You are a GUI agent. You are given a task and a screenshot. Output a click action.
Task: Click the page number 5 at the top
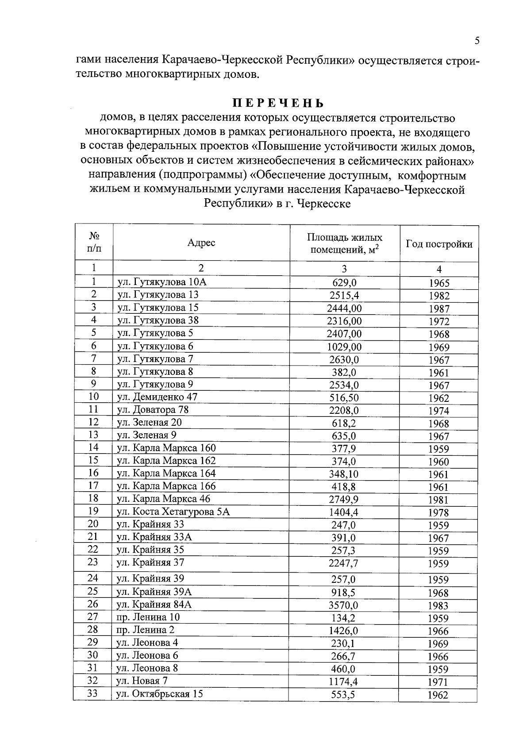pos(477,41)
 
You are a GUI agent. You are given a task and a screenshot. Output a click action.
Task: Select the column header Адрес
pos(201,243)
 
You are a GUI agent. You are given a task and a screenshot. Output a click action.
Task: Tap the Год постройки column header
pos(439,244)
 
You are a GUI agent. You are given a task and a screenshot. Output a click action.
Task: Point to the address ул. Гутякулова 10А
pos(162,282)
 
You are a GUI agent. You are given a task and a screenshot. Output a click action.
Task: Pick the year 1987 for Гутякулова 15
pos(439,309)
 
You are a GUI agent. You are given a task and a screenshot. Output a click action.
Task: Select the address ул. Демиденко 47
pos(157,397)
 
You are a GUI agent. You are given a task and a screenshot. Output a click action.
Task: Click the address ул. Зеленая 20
pos(149,422)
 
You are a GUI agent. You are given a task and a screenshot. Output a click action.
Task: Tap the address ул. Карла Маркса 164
pos(166,473)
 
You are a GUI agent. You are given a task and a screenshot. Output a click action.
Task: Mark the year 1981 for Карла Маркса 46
pos(439,500)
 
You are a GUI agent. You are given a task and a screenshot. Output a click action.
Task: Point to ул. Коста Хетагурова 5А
pos(173,512)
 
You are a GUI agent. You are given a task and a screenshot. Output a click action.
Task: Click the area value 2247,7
pos(344,563)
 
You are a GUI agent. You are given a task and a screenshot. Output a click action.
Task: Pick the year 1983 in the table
pos(438,606)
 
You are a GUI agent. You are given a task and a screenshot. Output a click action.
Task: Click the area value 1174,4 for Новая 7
pos(343,682)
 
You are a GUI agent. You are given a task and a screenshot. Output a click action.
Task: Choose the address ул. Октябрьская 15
pos(159,693)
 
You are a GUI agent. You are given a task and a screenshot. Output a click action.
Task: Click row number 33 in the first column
pos(92,693)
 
